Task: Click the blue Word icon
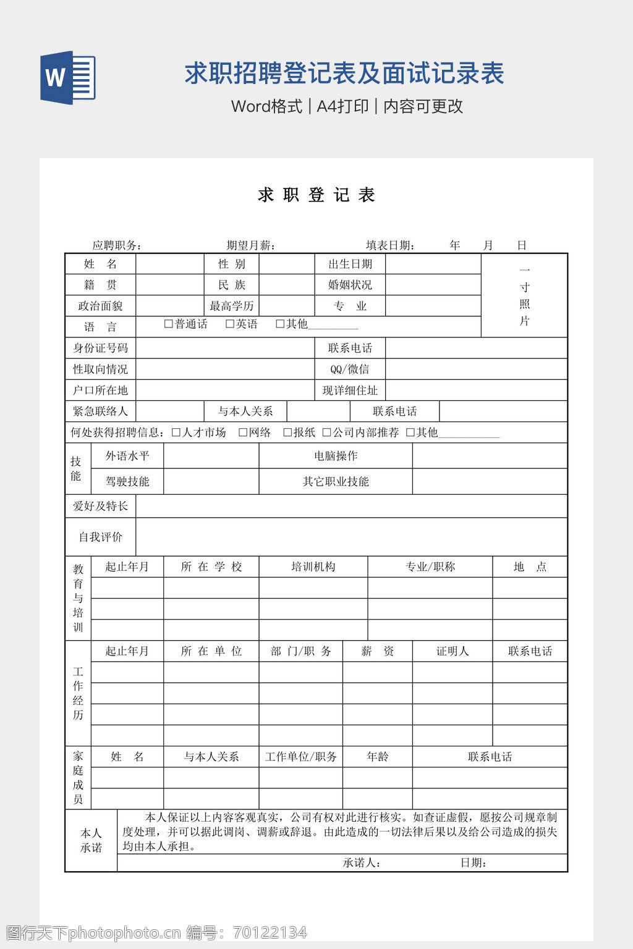click(68, 77)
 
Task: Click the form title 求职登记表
click(316, 195)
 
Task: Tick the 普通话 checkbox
click(168, 324)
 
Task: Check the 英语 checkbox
click(230, 324)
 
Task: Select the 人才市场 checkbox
click(176, 432)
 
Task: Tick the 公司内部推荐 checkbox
click(327, 432)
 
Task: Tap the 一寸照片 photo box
click(524, 295)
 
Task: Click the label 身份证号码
click(100, 348)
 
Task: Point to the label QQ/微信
click(350, 369)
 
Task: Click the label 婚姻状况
click(350, 285)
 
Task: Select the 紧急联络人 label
click(100, 411)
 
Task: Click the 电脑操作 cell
click(336, 456)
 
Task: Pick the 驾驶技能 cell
click(127, 481)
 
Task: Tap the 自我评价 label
click(100, 537)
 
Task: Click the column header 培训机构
click(313, 567)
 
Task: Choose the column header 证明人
click(452, 651)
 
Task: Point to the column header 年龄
click(378, 757)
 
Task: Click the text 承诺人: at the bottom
click(362, 863)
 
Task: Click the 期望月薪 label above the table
click(250, 245)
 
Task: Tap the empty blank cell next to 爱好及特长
click(351, 506)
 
